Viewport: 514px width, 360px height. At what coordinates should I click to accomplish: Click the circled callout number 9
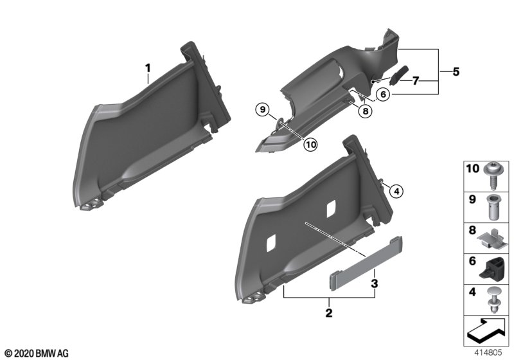click(263, 109)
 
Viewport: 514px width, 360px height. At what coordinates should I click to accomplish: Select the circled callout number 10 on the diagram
click(310, 144)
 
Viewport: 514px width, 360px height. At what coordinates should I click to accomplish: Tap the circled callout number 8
click(365, 111)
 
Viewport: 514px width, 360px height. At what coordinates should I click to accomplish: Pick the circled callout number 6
click(383, 94)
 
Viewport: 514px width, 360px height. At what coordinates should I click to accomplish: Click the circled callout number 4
click(396, 191)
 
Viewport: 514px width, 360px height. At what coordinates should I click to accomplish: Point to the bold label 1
click(148, 68)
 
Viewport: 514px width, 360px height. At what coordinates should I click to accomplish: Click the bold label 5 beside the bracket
click(456, 72)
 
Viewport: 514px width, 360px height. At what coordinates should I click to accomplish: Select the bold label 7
click(416, 80)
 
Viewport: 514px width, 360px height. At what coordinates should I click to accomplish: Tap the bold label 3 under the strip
click(375, 283)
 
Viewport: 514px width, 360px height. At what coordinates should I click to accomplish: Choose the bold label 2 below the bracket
click(329, 313)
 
